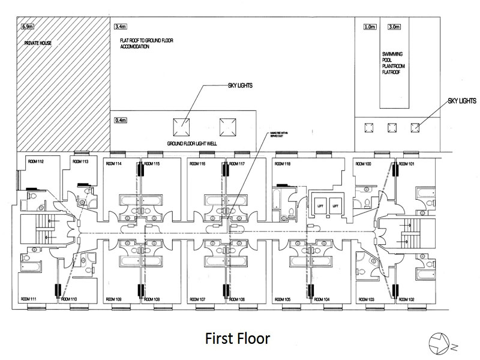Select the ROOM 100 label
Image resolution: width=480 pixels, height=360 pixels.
(364, 164)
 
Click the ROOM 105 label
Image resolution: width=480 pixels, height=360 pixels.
(282, 299)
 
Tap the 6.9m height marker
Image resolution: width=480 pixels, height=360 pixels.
(27, 27)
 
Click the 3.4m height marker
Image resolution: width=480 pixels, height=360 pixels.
(120, 27)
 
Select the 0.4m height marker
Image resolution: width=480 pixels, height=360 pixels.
(120, 121)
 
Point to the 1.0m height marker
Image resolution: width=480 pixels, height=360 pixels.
(369, 27)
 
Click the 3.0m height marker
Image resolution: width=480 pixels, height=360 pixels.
(394, 27)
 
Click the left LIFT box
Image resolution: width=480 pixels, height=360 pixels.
(320, 206)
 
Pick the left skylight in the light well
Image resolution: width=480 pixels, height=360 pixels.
(184, 127)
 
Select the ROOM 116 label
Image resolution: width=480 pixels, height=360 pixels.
(198, 164)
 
